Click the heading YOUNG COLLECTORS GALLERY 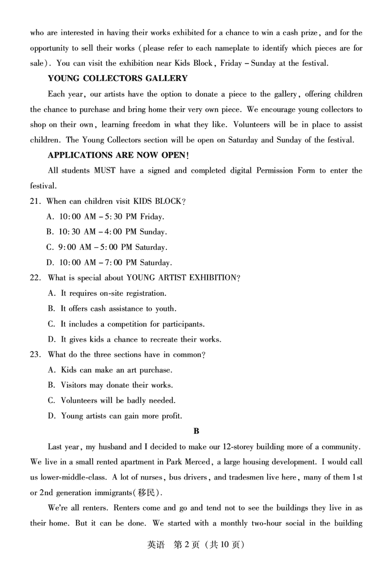[x=117, y=78]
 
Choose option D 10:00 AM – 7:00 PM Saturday [x=109, y=263]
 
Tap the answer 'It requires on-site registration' [x=107, y=293]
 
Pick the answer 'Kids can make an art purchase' [x=110, y=370]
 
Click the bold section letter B [x=196, y=431]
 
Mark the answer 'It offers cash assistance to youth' [x=112, y=309]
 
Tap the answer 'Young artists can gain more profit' [x=115, y=416]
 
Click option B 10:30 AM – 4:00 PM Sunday [x=107, y=232]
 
